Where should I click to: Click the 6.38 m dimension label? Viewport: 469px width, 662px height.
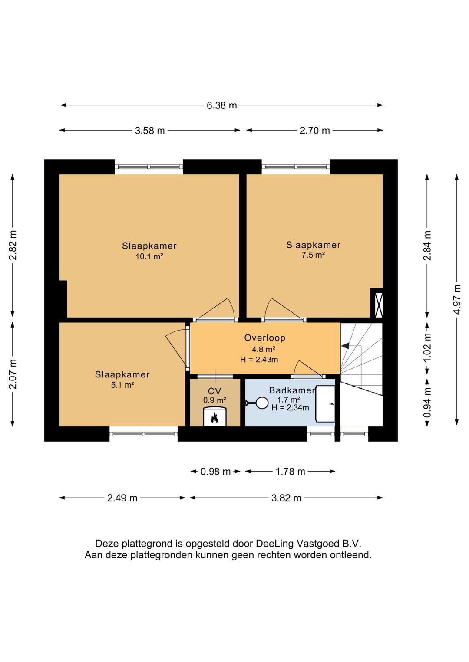[x=221, y=105]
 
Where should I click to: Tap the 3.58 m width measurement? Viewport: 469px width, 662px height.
[x=150, y=130]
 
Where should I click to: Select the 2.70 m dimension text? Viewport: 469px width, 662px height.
[x=314, y=130]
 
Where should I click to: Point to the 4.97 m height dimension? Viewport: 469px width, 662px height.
[x=457, y=300]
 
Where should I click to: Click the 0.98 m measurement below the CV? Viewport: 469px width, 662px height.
[x=215, y=472]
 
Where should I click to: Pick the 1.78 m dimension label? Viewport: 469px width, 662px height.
[x=290, y=472]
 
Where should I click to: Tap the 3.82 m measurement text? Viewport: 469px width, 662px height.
[x=286, y=498]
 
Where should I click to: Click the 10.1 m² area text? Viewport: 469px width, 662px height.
[x=149, y=256]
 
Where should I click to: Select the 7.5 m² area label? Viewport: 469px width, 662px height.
[x=313, y=255]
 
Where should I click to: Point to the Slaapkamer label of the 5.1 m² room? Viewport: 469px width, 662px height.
[x=122, y=374]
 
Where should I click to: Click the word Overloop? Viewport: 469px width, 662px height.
[x=264, y=338]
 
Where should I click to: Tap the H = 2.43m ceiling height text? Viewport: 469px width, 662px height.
[x=259, y=360]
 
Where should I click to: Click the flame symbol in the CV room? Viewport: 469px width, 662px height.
[x=215, y=418]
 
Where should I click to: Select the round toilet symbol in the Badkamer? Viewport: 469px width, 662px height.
[x=261, y=403]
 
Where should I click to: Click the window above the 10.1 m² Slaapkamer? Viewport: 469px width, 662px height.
[x=149, y=167]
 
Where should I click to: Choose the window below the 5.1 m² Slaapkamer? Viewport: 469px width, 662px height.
[x=143, y=434]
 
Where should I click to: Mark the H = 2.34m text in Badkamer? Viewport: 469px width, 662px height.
[x=290, y=408]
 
